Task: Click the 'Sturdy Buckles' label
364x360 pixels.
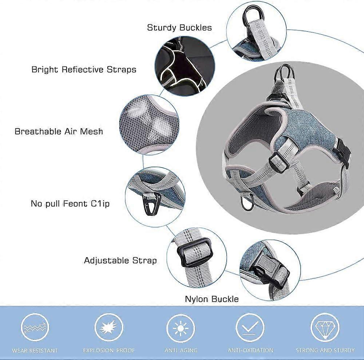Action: pos(179,28)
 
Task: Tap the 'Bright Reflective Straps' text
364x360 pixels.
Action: pos(84,70)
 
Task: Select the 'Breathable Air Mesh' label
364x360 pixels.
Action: pos(59,131)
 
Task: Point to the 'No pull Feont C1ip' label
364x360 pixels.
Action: pos(70,204)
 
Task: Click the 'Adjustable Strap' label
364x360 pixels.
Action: pos(120,260)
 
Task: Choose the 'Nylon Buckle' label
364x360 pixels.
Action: pos(212,299)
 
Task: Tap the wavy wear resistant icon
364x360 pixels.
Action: pos(35,328)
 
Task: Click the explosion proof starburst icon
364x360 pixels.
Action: pos(108,328)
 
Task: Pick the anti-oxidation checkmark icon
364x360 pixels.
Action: pos(250,328)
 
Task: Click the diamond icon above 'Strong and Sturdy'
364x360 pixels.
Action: pos(325,328)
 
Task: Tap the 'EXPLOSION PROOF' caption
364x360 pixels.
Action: pos(109,350)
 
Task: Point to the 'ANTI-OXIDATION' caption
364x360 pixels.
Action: pos(250,350)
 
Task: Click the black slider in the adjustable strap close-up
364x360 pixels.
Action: pos(194,253)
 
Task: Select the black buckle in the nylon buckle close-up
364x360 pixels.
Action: pos(269,270)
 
